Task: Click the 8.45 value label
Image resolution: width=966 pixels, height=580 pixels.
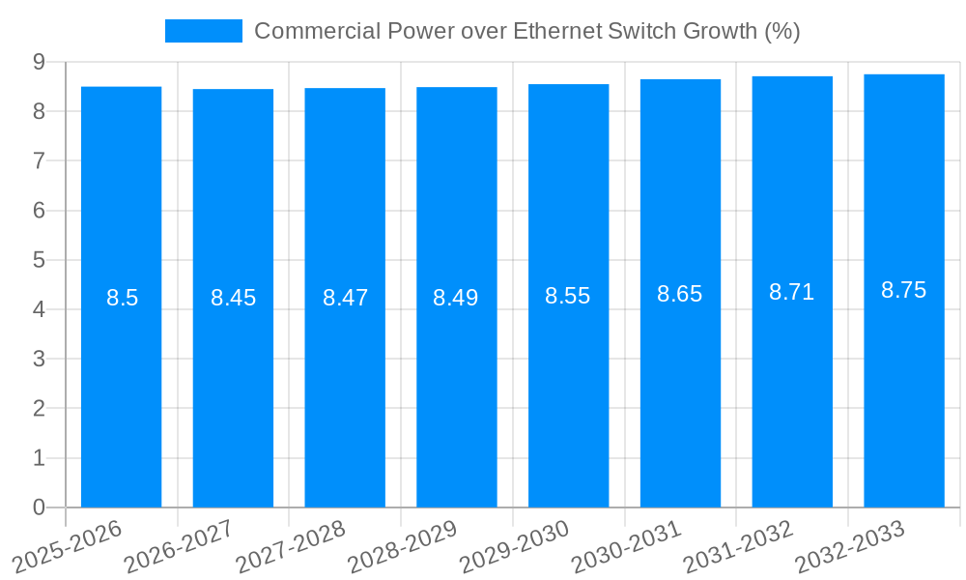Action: (x=233, y=298)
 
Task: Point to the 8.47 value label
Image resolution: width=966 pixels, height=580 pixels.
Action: (x=345, y=298)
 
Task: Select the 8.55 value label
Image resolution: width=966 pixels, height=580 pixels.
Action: (x=568, y=296)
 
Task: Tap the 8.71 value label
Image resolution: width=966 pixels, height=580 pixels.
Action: (x=791, y=292)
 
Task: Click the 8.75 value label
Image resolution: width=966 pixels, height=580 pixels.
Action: (x=903, y=290)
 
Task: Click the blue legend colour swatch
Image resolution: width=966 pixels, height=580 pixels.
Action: (x=203, y=31)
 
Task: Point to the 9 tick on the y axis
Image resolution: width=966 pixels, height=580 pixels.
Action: (x=39, y=62)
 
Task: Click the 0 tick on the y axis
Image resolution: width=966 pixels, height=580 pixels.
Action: (x=39, y=507)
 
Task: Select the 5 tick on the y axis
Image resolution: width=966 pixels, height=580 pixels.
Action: (x=39, y=260)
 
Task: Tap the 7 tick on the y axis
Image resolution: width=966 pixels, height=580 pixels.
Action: (x=39, y=160)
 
